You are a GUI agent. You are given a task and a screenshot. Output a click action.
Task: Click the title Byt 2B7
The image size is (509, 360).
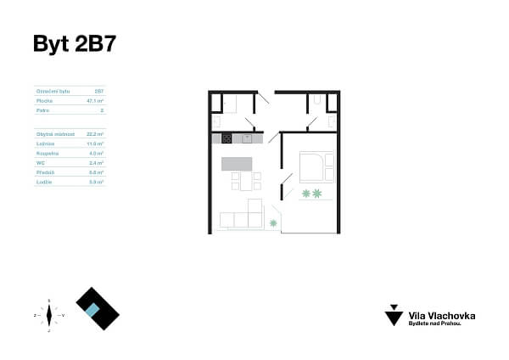pos(74,44)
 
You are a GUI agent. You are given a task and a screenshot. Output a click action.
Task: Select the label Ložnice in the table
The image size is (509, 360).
pos(45,143)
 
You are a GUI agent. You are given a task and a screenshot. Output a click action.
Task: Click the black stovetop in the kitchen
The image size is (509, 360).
pos(227,138)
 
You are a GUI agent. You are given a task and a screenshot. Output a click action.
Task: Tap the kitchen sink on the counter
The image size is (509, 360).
pos(247,138)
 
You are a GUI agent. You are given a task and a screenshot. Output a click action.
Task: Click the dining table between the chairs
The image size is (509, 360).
pos(247,182)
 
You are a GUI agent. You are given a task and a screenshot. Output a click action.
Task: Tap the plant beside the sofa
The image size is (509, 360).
pos(273,222)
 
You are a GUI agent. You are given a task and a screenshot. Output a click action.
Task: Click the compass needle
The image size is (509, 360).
pos(49,315)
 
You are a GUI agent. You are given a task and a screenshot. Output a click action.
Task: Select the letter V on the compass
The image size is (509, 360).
pos(64,315)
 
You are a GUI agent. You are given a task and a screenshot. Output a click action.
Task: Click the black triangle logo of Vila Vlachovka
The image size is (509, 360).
pos(394,314)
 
